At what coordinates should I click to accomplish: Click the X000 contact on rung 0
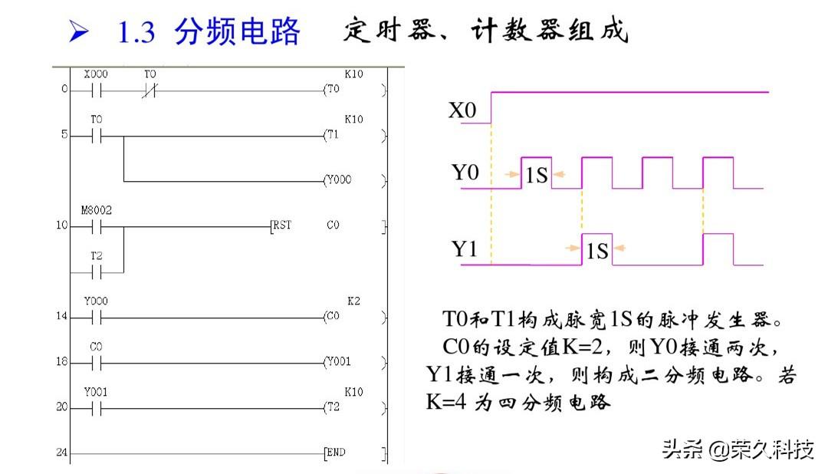pos(97,90)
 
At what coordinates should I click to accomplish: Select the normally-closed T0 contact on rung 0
pos(149,90)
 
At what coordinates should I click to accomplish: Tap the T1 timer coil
pos(332,135)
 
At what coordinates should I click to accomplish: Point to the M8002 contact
pos(97,226)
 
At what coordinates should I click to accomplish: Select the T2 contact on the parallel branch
pos(97,272)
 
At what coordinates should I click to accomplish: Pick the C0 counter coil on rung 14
pos(332,317)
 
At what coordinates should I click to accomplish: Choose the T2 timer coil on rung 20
pos(332,407)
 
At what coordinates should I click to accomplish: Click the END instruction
pos(336,453)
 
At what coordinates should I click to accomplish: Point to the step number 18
pos(61,362)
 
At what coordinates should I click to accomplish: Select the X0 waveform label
pos(462,111)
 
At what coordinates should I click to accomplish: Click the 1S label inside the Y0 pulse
pos(536,176)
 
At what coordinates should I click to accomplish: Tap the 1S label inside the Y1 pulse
pos(596,250)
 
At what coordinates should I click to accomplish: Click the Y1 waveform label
pos(463,250)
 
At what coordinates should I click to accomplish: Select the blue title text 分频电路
pos(238,32)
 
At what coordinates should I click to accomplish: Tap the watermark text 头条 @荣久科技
pos(738,449)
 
